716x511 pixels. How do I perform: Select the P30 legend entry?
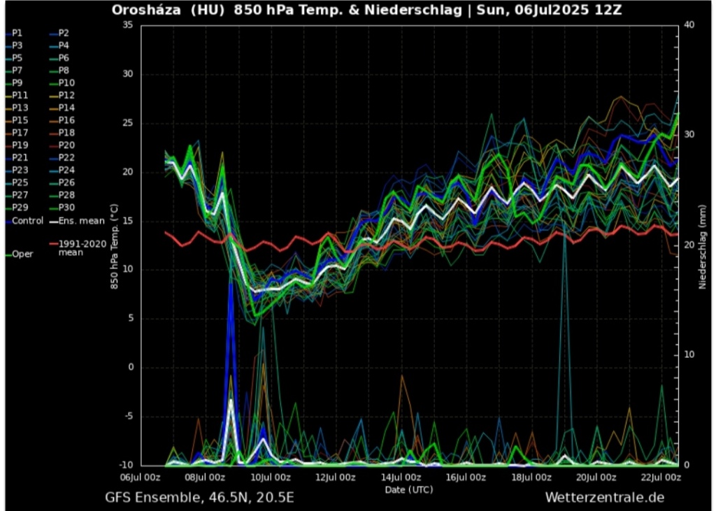[66, 208]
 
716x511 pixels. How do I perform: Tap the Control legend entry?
[27, 221]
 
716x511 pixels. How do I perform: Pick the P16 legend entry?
[66, 120]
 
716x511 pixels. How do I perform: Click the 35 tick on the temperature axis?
[127, 24]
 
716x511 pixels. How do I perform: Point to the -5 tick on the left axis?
[127, 417]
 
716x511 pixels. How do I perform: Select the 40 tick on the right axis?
[689, 24]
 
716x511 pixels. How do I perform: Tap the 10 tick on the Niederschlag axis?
[689, 354]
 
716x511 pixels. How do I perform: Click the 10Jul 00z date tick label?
[271, 478]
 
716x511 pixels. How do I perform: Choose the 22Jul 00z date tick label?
[661, 478]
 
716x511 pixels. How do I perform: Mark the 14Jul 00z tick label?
[401, 478]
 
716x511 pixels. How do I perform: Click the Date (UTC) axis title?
[408, 489]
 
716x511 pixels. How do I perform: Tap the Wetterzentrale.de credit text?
[604, 498]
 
